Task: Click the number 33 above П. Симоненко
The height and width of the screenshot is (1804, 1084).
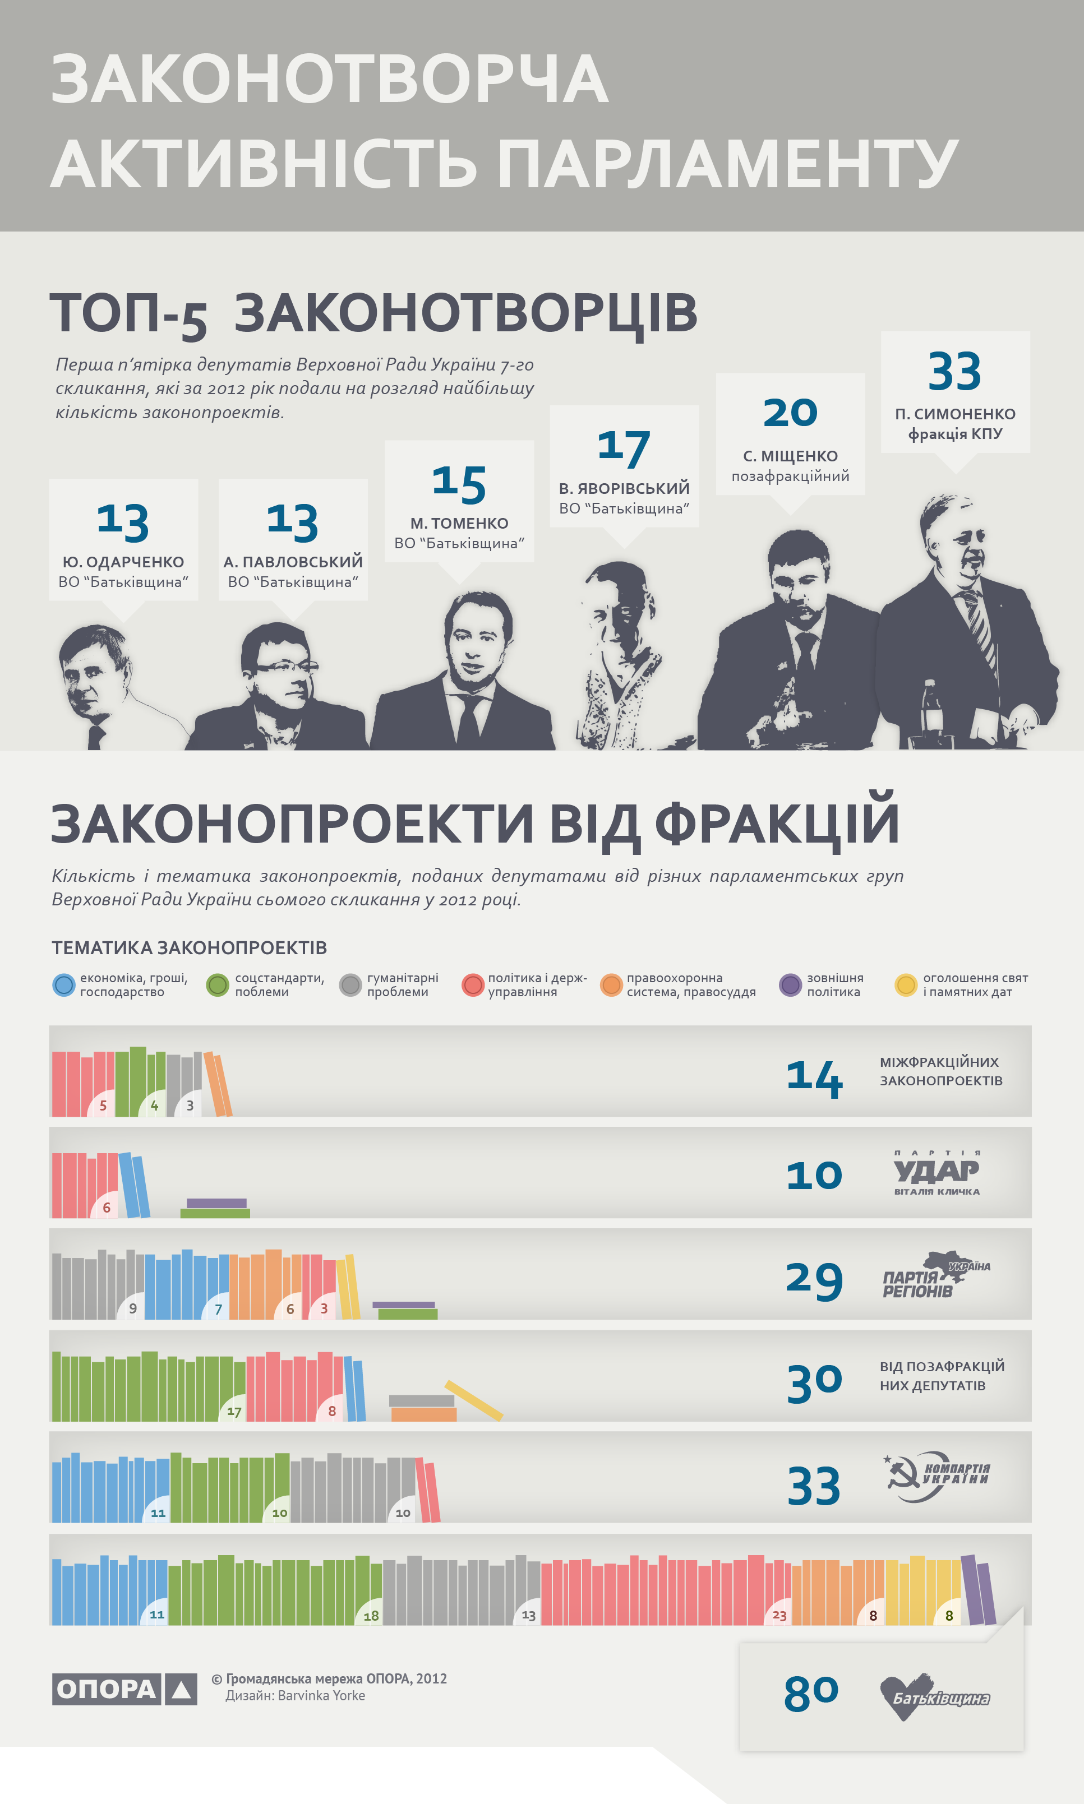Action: (954, 372)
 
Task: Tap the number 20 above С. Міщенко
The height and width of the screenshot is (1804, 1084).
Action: (790, 413)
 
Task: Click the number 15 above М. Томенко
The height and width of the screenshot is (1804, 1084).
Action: (459, 484)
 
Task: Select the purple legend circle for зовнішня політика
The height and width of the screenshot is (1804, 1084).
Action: (790, 985)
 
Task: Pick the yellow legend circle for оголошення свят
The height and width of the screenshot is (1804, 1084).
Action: (906, 985)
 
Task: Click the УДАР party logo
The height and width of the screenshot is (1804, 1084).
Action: (937, 1173)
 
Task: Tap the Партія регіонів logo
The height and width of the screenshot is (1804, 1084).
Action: (935, 1275)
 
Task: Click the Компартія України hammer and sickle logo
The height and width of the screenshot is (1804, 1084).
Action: (937, 1476)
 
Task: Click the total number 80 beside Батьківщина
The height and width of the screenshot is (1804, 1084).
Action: (811, 1694)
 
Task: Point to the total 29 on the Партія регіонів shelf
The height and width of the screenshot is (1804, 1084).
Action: (814, 1280)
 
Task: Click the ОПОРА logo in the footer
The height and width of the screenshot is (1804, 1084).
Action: (124, 1689)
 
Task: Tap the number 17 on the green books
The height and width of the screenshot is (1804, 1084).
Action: (234, 1411)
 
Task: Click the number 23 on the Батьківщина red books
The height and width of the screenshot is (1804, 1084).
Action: (779, 1616)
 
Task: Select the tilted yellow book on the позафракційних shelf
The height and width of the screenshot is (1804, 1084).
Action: (473, 1400)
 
